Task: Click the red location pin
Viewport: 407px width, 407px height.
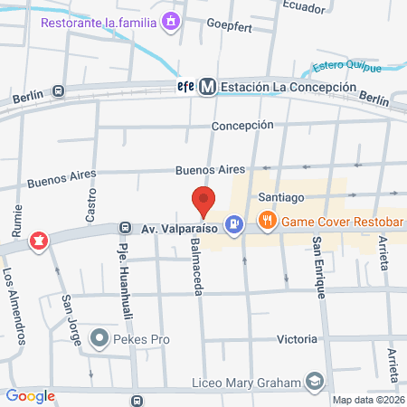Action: pyautogui.click(x=203, y=201)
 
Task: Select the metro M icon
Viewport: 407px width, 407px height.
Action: pyautogui.click(x=208, y=87)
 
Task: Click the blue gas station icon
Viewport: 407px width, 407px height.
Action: pyautogui.click(x=234, y=222)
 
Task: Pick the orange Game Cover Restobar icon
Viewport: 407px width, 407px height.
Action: pyautogui.click(x=267, y=220)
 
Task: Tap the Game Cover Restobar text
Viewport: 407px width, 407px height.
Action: pyautogui.click(x=342, y=221)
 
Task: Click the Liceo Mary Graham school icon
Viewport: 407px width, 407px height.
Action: pyautogui.click(x=315, y=383)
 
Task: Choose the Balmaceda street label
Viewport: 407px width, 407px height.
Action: pyautogui.click(x=196, y=261)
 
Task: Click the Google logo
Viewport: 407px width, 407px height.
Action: pyautogui.click(x=31, y=395)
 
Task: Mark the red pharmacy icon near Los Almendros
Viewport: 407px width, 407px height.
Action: pyautogui.click(x=39, y=241)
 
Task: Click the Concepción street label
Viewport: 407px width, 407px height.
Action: pyautogui.click(x=242, y=126)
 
